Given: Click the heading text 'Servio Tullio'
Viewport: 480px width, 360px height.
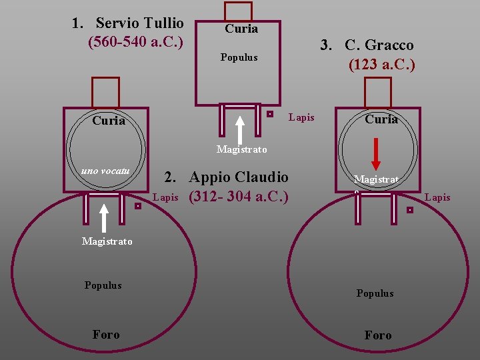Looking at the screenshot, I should coord(139,24).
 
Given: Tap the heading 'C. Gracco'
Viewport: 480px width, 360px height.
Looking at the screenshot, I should coord(379,45).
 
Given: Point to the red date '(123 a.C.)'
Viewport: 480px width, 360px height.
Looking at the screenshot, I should coord(381,65).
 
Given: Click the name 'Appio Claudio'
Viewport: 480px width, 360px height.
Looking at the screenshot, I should coord(239,177).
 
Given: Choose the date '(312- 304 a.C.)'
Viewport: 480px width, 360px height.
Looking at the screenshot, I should coord(239,197).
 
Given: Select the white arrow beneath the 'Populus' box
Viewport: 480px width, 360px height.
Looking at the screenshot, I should coord(240,129).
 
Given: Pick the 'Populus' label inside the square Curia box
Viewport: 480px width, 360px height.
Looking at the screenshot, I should coord(239,57).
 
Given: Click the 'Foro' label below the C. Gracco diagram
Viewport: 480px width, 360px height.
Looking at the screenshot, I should coord(378,335).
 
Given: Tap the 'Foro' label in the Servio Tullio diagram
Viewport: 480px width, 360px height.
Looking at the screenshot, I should coord(106,335).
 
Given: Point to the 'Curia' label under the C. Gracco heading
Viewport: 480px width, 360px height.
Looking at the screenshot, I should coord(381,119).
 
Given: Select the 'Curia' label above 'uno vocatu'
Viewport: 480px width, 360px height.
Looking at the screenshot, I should coord(109,121).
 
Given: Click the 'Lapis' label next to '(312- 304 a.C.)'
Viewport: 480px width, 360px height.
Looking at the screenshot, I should coord(165,197).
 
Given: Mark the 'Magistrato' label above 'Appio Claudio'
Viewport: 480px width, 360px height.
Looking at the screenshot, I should coord(242,149).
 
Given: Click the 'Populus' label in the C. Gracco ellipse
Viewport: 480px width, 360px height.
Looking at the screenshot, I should coord(375,293).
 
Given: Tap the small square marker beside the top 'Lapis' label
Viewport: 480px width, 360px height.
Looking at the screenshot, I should coord(269,114).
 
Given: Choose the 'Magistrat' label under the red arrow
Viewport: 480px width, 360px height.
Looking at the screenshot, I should coord(377,179).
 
